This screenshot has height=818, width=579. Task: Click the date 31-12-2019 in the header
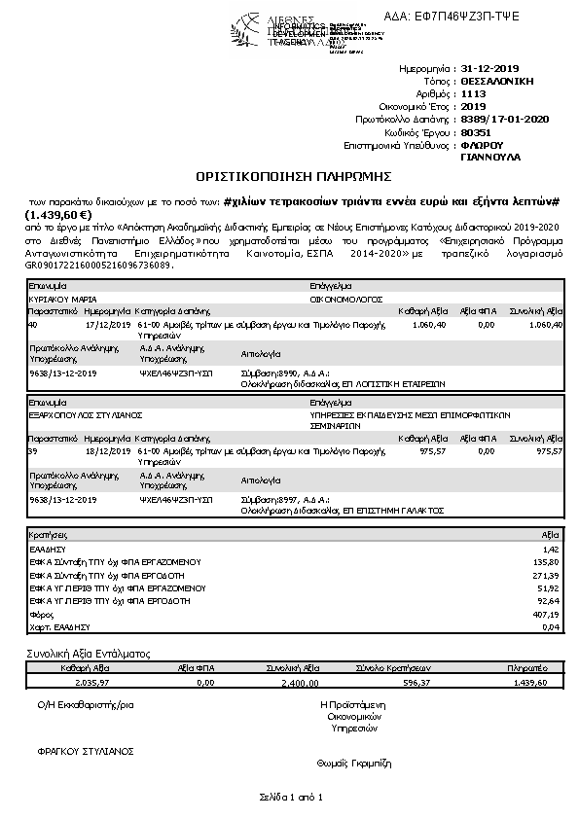491,69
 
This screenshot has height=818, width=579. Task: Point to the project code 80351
474,131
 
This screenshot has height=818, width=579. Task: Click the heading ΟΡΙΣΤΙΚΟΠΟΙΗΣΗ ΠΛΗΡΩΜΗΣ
293,176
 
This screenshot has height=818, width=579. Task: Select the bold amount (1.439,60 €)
58,215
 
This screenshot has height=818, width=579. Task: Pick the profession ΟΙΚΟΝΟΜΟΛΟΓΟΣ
347,300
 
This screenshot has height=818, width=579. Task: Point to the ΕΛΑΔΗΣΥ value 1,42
552,549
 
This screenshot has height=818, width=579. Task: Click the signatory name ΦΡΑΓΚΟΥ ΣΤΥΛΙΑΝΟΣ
85,751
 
